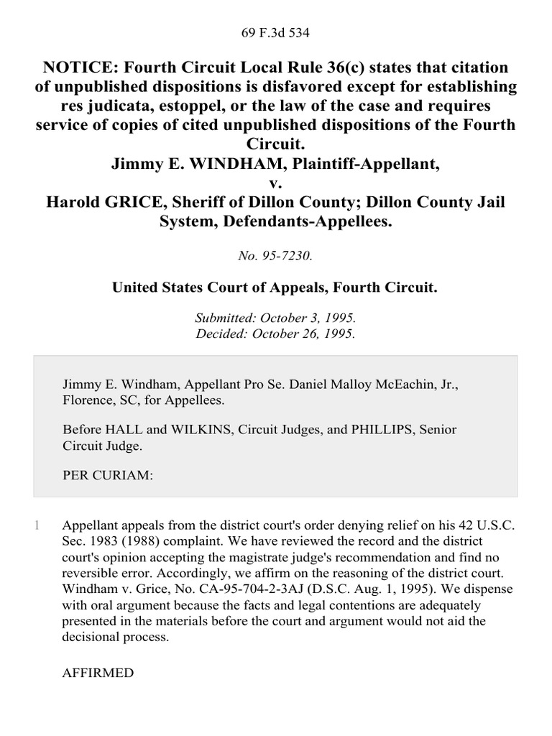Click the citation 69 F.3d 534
[275, 32]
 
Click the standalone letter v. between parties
[275, 183]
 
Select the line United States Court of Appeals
[275, 287]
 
